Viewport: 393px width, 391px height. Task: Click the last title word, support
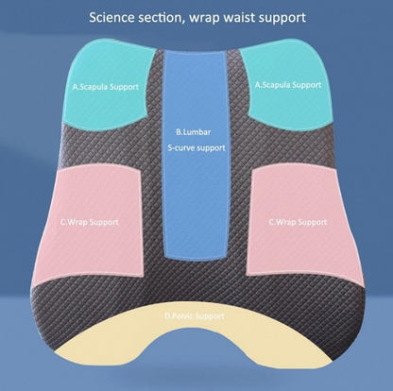tap(282, 19)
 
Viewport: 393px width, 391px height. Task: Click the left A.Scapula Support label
tap(106, 87)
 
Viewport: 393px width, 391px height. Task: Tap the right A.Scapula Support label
tap(288, 85)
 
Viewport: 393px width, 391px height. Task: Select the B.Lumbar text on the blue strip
tap(194, 132)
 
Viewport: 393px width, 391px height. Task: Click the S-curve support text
tap(196, 147)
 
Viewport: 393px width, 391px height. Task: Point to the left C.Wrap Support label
tap(89, 222)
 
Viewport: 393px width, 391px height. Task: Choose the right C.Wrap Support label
tap(298, 222)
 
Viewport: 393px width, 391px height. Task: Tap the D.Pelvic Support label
tap(195, 315)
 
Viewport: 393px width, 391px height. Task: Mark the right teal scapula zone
tap(288, 85)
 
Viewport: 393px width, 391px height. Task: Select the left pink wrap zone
tap(88, 225)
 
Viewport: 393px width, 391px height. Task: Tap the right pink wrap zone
tap(304, 225)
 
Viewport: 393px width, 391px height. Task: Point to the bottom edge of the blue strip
tap(196, 260)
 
